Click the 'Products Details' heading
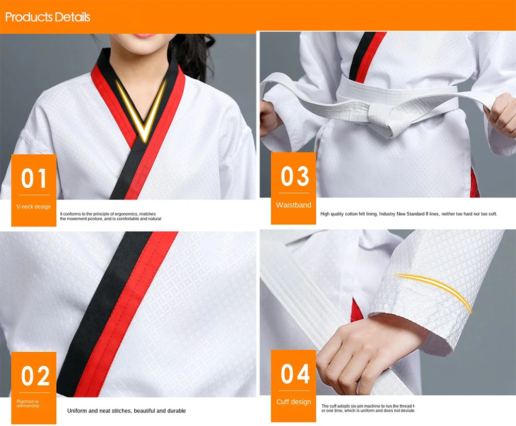[x=47, y=17]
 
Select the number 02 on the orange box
[x=35, y=376]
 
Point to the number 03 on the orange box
[x=294, y=176]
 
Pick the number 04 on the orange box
[x=295, y=373]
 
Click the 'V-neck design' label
[x=34, y=207]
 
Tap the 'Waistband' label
[x=294, y=205]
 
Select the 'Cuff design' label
[x=294, y=402]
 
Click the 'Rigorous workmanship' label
[x=28, y=403]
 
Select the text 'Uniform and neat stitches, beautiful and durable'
[x=126, y=411]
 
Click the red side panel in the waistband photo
[x=475, y=183]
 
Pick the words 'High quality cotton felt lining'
[x=348, y=214]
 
